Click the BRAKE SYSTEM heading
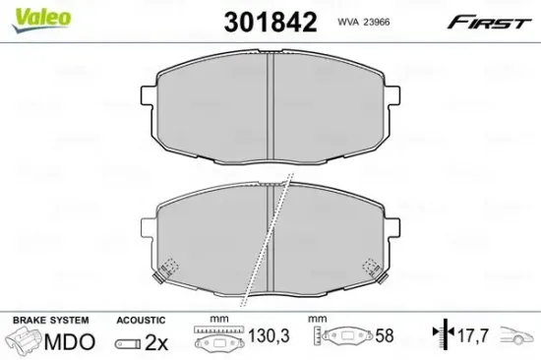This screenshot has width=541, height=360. click(49, 321)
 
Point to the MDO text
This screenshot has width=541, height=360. click(71, 342)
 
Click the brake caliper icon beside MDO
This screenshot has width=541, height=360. click(26, 342)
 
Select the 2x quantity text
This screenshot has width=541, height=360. click(155, 342)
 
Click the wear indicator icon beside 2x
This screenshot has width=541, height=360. click(126, 343)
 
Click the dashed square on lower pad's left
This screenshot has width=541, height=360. click(169, 267)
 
